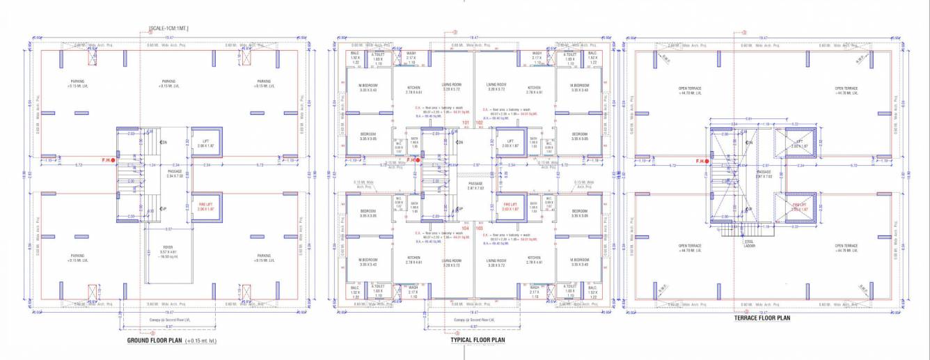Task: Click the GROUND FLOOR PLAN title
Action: coord(155,341)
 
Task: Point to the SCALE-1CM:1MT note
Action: coord(169,28)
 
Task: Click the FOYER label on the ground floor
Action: coord(168,248)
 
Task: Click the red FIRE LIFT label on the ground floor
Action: coord(205,207)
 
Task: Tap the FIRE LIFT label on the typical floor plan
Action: coord(510,207)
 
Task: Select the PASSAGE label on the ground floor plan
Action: coord(175,172)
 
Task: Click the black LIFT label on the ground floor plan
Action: coord(206,142)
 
